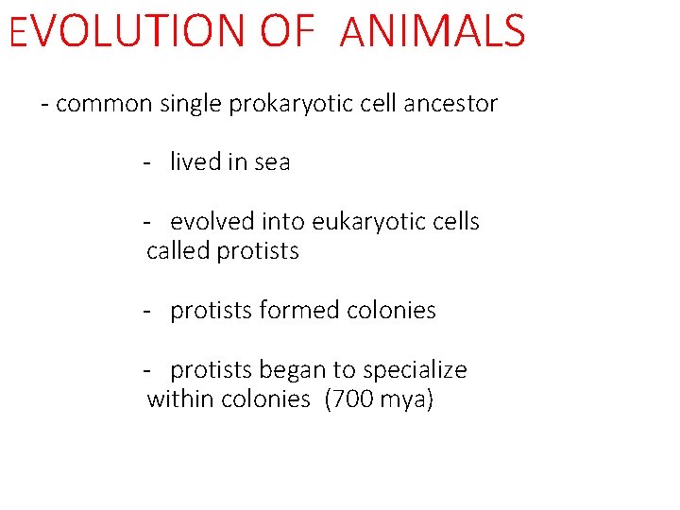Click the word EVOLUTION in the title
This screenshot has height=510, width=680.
[127, 30]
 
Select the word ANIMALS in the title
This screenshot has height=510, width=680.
[432, 30]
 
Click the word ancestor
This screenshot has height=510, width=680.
[450, 104]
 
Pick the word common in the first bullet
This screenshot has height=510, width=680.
[103, 104]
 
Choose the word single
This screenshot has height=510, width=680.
[190, 104]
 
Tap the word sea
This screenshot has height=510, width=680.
[273, 162]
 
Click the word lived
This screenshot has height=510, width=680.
[195, 162]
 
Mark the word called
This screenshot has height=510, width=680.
[178, 251]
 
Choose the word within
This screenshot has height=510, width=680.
[180, 399]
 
